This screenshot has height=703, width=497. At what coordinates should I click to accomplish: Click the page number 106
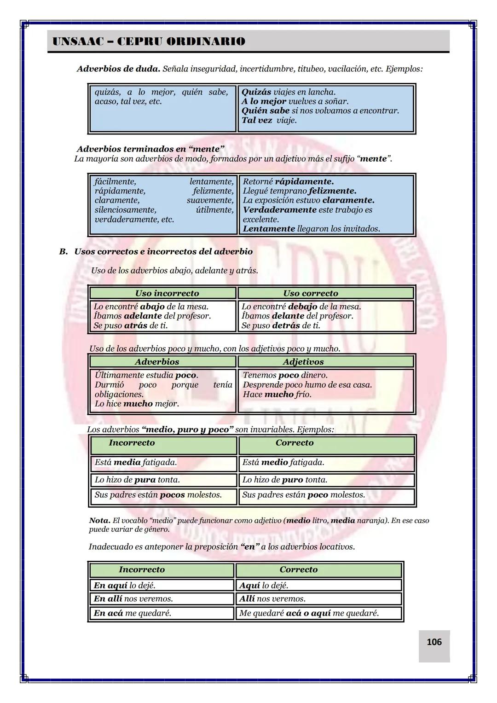434,642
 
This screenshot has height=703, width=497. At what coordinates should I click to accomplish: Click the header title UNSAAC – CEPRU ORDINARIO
149,41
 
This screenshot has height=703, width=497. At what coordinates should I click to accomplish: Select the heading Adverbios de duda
118,69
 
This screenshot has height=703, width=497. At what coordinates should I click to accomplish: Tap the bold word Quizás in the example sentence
256,92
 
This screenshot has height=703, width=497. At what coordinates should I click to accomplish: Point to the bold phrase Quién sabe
266,111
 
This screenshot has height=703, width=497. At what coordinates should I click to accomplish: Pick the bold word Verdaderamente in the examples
279,210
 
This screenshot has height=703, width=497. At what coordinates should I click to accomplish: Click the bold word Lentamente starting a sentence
269,229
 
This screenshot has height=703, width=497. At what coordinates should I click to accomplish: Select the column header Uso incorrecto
167,293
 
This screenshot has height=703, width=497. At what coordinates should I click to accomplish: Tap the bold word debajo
302,307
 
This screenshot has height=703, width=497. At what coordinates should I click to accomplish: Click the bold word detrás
286,325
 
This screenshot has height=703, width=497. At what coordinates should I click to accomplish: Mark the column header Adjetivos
303,362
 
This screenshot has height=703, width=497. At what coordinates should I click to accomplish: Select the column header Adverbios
157,362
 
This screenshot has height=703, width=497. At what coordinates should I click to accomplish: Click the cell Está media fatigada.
136,462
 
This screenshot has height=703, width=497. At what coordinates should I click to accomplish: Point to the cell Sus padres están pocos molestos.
158,495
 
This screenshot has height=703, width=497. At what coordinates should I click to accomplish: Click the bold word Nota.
99,521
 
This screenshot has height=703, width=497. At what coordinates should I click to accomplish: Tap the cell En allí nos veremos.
133,599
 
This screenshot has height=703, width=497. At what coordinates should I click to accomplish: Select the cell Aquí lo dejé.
263,586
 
